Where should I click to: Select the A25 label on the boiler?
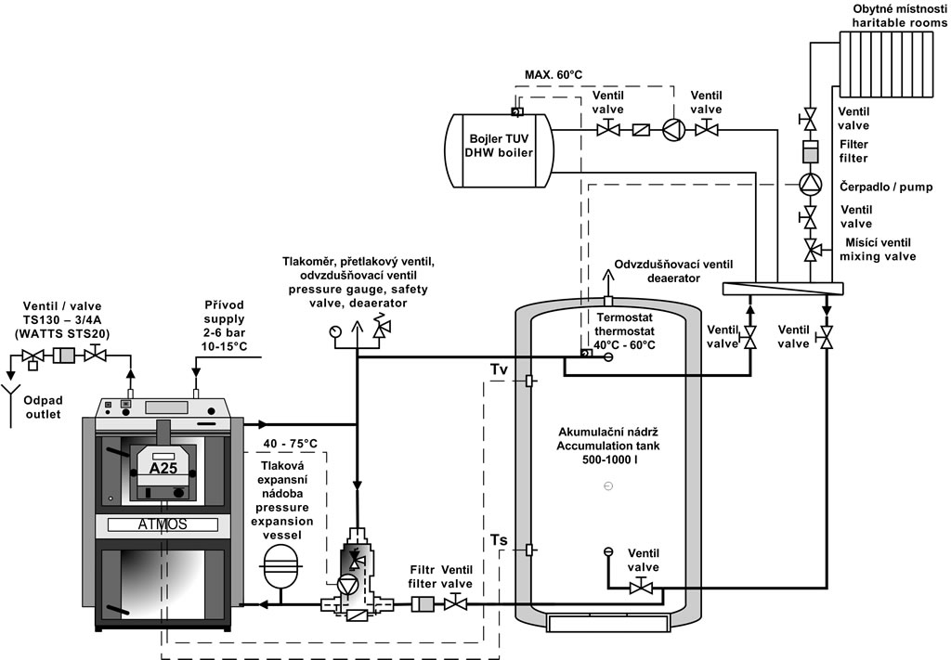click(x=163, y=468)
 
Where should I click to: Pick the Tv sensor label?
click(x=500, y=370)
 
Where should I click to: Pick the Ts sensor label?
click(x=499, y=540)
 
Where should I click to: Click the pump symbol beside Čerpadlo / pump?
click(x=810, y=183)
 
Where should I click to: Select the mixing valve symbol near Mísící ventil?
click(x=810, y=250)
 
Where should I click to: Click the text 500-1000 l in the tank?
click(x=608, y=460)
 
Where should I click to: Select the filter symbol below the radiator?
click(x=810, y=150)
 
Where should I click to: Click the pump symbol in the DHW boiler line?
click(x=671, y=129)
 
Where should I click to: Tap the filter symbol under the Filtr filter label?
click(x=423, y=604)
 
